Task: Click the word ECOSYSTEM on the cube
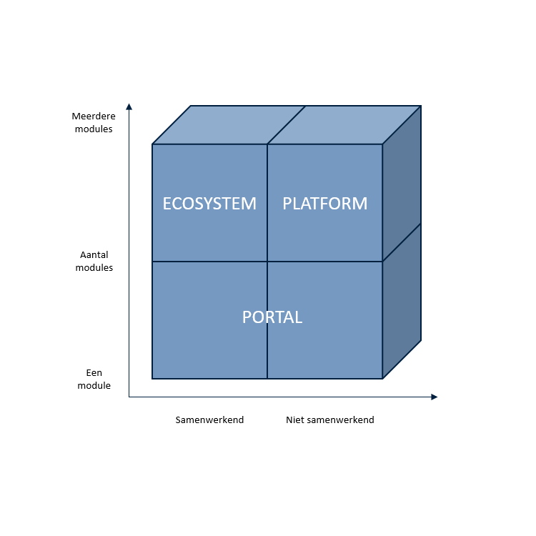(x=209, y=204)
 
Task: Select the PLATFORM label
(x=324, y=204)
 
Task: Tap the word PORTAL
(x=272, y=317)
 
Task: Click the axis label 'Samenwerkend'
(x=209, y=420)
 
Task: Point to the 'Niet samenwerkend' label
(x=330, y=420)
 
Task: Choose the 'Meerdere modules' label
(x=94, y=122)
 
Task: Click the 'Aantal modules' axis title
(x=94, y=261)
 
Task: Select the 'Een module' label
(x=94, y=379)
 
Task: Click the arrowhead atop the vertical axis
(x=129, y=106)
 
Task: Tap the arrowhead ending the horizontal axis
(x=435, y=397)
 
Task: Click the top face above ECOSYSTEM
(x=229, y=125)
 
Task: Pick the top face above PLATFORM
(x=344, y=125)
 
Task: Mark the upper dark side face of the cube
(x=402, y=184)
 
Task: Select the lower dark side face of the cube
(x=402, y=301)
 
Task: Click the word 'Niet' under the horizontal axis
(x=292, y=420)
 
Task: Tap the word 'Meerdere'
(x=94, y=116)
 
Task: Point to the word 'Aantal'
(x=94, y=254)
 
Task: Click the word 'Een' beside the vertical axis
(x=94, y=372)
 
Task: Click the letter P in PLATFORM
(x=287, y=204)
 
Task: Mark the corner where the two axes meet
(x=129, y=397)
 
